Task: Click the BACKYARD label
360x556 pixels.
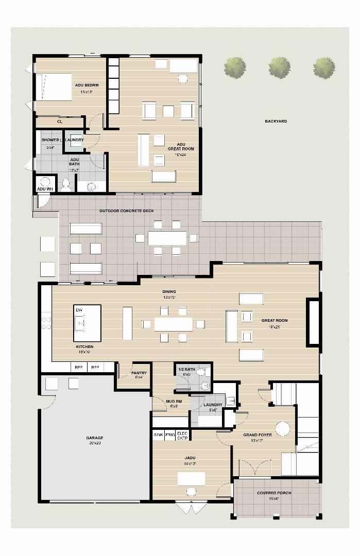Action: click(x=276, y=121)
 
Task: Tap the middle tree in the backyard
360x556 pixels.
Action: click(x=279, y=68)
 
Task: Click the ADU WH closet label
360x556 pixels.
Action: click(x=45, y=189)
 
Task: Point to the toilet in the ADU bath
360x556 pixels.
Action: click(x=65, y=184)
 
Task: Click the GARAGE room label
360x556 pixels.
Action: click(x=94, y=438)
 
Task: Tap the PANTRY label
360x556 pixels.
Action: click(x=139, y=373)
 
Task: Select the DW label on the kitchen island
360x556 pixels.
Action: click(x=79, y=310)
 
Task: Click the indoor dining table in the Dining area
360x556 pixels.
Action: click(x=173, y=324)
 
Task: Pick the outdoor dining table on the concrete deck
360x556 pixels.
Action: click(x=167, y=238)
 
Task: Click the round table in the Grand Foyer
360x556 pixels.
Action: click(x=282, y=428)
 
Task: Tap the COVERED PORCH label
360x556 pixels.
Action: click(x=274, y=493)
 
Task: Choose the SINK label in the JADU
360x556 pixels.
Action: click(x=159, y=435)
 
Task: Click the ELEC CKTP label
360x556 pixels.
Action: click(x=183, y=436)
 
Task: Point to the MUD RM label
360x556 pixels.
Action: click(x=174, y=402)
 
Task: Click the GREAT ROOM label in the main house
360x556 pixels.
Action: click(x=274, y=321)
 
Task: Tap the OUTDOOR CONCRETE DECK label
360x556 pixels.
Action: click(x=126, y=211)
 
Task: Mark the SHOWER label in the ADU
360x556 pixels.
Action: click(x=50, y=140)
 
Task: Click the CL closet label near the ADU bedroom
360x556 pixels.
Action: click(x=60, y=122)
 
